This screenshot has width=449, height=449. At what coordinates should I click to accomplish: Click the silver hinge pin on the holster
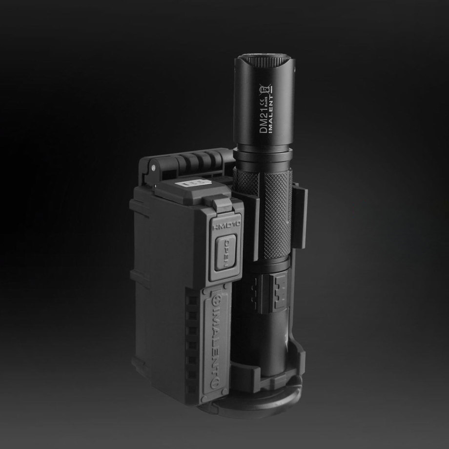pyautogui.click(x=154, y=167)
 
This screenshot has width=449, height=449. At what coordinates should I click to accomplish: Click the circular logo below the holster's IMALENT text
pyautogui.click(x=213, y=384)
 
